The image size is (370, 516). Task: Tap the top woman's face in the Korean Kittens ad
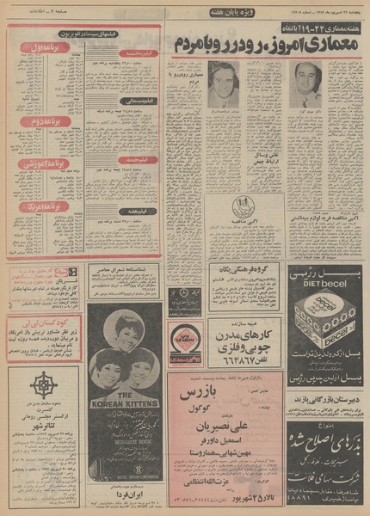pyautogui.click(x=124, y=330)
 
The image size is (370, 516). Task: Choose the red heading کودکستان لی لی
pyautogui.click(x=47, y=319)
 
